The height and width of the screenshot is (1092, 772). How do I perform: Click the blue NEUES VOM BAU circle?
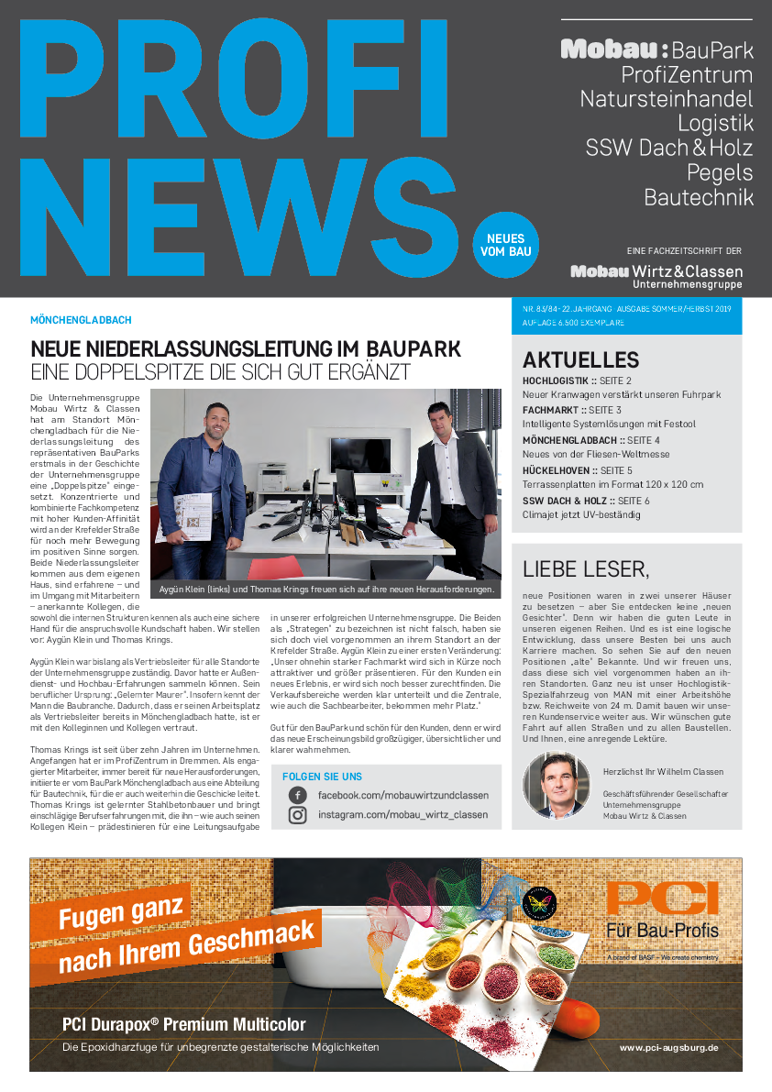click(x=506, y=245)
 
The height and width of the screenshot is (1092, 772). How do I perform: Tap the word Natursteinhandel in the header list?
click(x=666, y=99)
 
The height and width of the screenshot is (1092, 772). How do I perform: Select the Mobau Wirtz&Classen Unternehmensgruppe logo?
click(x=656, y=276)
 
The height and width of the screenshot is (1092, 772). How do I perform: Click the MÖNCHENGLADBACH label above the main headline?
click(x=81, y=321)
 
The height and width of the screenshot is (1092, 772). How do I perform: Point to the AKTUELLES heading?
click(x=580, y=360)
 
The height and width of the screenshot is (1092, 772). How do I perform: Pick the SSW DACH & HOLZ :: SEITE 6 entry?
click(x=586, y=501)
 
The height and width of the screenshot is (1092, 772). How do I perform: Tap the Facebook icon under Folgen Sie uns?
click(x=297, y=795)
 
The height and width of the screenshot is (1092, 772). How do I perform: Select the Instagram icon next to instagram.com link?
click(x=297, y=815)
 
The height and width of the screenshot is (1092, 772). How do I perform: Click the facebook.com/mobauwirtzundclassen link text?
click(x=403, y=795)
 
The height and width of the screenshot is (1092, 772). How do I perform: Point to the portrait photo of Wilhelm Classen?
click(x=557, y=786)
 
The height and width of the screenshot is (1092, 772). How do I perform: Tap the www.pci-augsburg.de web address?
click(x=668, y=1047)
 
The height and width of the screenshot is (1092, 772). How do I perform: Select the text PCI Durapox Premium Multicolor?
click(x=183, y=1024)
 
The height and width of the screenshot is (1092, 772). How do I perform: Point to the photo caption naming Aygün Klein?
click(x=326, y=590)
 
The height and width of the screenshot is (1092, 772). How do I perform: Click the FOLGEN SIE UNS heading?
click(x=322, y=776)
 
